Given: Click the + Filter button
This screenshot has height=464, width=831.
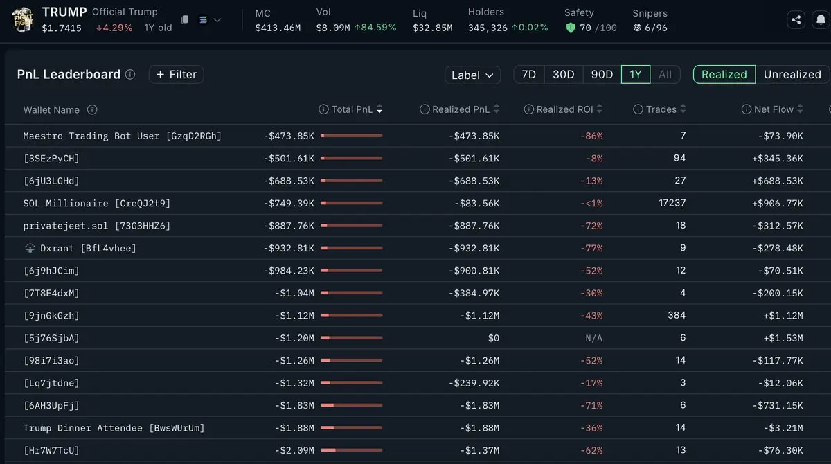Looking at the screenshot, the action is (x=176, y=75).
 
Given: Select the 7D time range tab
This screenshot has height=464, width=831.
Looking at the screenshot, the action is (x=528, y=75).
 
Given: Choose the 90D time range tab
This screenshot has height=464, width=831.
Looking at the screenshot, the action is (x=602, y=75).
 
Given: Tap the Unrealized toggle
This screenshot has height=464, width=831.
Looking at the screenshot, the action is (x=792, y=75).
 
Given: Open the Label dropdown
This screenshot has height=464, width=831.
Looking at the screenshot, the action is (x=472, y=75).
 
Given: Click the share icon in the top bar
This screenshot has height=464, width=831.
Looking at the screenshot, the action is (x=796, y=19).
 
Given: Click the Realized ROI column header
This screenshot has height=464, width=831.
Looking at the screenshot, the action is (x=564, y=109).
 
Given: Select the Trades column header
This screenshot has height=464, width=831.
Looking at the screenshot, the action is (x=659, y=109).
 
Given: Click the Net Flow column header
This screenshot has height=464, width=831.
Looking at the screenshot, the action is (x=772, y=109).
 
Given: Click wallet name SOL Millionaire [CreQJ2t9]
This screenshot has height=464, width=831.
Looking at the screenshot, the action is (x=96, y=203).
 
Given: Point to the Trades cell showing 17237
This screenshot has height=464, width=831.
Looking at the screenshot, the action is (x=672, y=203).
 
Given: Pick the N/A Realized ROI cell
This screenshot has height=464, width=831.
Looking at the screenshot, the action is (x=593, y=338).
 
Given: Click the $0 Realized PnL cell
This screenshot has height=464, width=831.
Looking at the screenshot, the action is (x=493, y=338).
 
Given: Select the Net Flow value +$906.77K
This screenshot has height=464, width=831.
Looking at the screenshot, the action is (x=777, y=203).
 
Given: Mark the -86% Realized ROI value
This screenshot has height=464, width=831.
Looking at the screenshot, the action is (x=591, y=136).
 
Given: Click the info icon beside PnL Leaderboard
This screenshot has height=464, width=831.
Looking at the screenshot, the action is (x=130, y=75).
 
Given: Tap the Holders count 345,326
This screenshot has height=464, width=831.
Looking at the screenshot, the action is (x=488, y=28).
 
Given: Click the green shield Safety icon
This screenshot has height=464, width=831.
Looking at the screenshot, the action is (x=571, y=28).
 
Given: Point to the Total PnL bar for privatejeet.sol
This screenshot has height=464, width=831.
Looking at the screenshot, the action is (x=351, y=226).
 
